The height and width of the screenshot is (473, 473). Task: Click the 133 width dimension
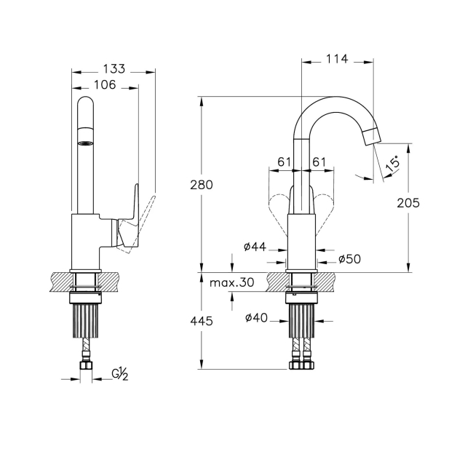[x=114, y=69]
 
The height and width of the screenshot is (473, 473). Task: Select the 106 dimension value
[x=105, y=84]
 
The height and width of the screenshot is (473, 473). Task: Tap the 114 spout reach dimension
[x=337, y=59]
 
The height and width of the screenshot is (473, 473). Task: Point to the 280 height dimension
[x=202, y=185]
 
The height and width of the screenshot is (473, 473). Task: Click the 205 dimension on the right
[x=408, y=203]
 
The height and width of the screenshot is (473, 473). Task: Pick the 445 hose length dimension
[x=202, y=321]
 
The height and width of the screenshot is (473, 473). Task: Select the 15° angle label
[x=392, y=164]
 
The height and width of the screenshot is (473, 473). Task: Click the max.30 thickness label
[x=231, y=282]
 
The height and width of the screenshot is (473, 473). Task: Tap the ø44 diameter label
[x=255, y=247]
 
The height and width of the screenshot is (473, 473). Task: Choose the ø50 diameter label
[x=349, y=259]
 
